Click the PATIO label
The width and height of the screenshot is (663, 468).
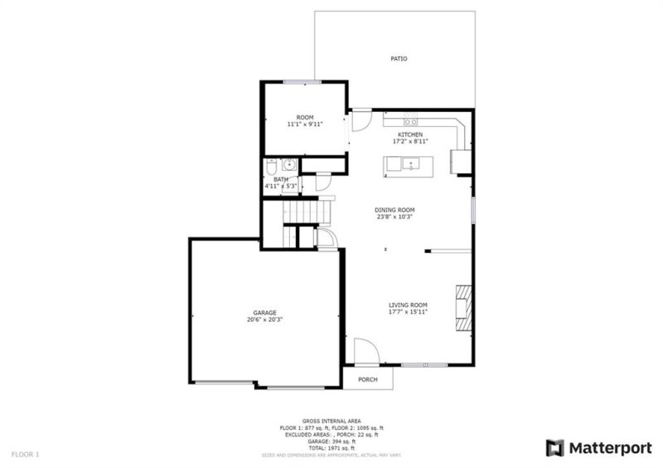(399, 59)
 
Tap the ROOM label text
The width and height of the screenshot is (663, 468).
(304, 117)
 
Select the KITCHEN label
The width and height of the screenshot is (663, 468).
(410, 134)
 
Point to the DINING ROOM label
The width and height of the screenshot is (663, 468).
(394, 210)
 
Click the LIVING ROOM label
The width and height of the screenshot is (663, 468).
(408, 305)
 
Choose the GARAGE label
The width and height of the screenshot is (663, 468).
(265, 313)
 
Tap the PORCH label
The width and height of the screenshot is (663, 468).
(368, 379)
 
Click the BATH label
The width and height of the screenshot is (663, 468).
(282, 179)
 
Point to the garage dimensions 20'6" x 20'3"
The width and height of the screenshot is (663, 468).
(265, 320)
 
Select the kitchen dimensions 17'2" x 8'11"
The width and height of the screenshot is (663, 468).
(410, 142)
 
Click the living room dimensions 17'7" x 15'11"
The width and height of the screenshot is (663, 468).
(408, 313)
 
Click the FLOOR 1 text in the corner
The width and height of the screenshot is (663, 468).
(25, 454)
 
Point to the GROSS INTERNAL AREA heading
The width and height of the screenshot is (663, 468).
(331, 422)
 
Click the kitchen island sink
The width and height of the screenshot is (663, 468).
(409, 163)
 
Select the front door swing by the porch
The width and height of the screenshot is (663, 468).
(365, 351)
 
